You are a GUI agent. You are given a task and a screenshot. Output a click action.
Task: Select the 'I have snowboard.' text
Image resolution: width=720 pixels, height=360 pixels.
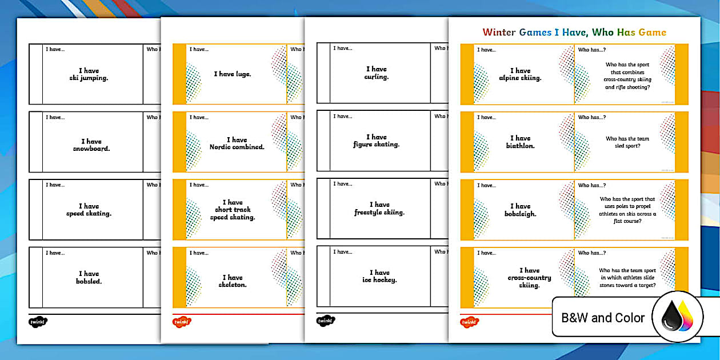pyautogui.click(x=91, y=145)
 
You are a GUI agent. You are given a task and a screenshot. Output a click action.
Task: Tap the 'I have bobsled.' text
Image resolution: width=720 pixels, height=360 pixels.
pyautogui.click(x=89, y=277)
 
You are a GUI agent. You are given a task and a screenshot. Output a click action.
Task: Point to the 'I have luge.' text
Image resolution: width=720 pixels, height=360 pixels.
pyautogui.click(x=233, y=74)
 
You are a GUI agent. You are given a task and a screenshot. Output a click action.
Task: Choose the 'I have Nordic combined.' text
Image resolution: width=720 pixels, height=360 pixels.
pyautogui.click(x=237, y=143)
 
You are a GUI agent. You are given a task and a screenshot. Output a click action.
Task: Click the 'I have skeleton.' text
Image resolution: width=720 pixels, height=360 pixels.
pyautogui.click(x=233, y=281)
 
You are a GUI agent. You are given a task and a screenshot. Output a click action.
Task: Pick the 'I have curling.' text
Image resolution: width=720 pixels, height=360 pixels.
pyautogui.click(x=376, y=73)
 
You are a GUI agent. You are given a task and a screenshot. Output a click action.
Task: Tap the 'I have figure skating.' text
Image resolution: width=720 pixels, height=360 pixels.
pyautogui.click(x=376, y=141)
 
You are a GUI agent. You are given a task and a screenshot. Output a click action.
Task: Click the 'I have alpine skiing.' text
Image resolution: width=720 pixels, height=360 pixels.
pyautogui.click(x=520, y=74)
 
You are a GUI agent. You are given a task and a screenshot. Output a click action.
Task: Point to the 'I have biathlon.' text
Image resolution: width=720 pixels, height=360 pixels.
pyautogui.click(x=520, y=142)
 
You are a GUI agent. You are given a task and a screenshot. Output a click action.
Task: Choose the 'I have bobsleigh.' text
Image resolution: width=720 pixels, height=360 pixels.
pyautogui.click(x=520, y=210)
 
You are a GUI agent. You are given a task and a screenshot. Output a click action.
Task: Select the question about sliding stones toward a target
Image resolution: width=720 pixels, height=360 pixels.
pyautogui.click(x=627, y=278)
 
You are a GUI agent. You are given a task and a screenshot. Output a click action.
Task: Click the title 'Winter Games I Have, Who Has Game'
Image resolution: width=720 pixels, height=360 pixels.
pyautogui.click(x=574, y=33)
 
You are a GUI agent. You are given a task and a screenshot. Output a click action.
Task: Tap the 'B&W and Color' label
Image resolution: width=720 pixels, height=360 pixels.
pyautogui.click(x=603, y=318)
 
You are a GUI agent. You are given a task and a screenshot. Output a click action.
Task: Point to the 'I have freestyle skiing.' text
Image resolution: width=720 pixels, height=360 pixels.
pyautogui.click(x=379, y=208)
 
